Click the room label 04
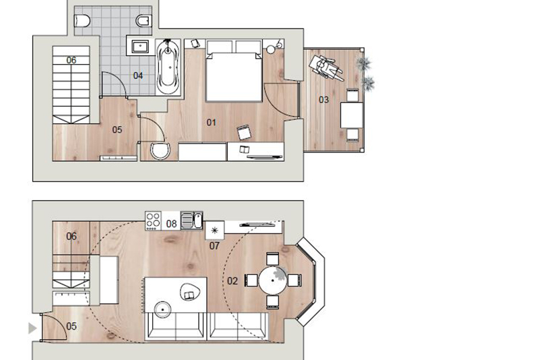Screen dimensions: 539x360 pos(138,76)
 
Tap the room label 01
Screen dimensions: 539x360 pos(211,122)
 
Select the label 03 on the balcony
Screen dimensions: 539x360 pos(323,100)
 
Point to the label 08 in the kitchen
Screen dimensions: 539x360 pos(171,224)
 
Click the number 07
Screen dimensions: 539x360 pos(214,246)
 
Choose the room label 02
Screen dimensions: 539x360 pos(232,281)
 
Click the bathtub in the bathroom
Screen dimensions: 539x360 pos(168,67)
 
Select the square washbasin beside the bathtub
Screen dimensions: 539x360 pos(140,47)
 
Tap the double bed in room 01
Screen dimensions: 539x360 pos(234,71)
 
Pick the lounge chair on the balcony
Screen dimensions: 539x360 pos(325,67)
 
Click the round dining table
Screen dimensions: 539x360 pos(273,280)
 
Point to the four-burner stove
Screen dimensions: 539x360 pos(153,220)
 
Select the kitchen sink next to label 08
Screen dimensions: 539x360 pos(192,220)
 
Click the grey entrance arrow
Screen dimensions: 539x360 pos(32,328)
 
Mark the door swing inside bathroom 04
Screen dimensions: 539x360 pos(114,84)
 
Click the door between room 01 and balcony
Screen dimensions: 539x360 pos(281,100)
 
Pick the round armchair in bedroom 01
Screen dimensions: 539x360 pos(160,151)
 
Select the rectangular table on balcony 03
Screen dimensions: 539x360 pos(352,115)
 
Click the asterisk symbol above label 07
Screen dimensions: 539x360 pos(214,231)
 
